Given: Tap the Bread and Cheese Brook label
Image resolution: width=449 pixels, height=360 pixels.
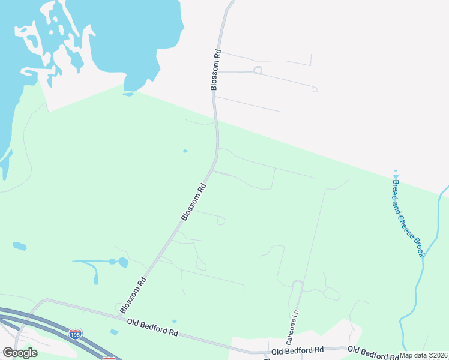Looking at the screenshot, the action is [408, 218].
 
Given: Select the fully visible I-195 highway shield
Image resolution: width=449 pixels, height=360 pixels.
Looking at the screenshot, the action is [75, 333].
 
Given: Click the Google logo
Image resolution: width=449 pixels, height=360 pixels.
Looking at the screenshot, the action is [20, 353].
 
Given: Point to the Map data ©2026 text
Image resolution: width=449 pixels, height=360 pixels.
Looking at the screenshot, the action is [423, 355].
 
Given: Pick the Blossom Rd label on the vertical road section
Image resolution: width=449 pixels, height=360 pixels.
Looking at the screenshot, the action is [215, 70].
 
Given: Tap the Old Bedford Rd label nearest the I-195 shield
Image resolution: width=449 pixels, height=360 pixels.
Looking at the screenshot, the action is [152, 328].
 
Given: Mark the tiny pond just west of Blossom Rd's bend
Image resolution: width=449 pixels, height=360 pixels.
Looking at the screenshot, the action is [185, 151].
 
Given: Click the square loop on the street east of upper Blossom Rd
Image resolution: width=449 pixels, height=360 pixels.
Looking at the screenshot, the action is [258, 70].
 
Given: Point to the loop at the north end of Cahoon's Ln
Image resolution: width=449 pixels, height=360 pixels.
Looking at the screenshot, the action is [297, 283].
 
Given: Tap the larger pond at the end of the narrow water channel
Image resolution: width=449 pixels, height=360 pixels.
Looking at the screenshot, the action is [123, 262].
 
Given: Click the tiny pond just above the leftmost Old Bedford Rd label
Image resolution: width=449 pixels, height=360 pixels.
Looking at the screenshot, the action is [173, 321].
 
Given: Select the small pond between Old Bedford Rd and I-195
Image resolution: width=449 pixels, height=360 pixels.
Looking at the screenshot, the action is [114, 332].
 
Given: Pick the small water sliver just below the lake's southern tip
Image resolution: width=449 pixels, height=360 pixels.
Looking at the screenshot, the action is [128, 94].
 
